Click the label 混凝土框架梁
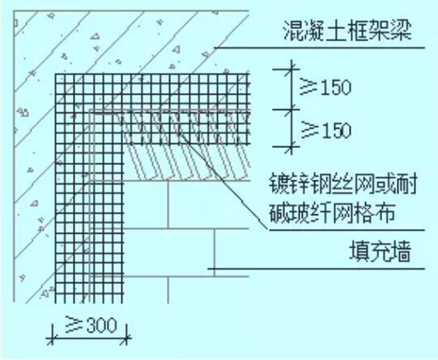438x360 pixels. coord(347,31)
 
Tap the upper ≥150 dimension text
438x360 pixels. coord(325,87)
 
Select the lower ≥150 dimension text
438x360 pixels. coord(325,130)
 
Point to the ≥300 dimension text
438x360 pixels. coord(91,324)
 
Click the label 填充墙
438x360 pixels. coord(381,252)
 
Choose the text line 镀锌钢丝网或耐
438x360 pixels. coord(343,184)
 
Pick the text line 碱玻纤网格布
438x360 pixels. coord(332,212)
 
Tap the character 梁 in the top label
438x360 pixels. coord(402,31)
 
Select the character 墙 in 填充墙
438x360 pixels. coord(401,252)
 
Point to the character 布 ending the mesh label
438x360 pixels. coord(385,212)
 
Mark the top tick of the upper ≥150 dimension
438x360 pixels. coord(291,69)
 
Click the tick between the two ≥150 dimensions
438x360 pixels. coord(291,109)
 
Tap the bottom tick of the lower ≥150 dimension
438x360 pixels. coord(291,146)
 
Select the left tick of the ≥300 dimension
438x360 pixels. coord(52,338)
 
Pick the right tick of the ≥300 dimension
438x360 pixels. coord(126,338)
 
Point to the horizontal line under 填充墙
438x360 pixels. coord(317,269)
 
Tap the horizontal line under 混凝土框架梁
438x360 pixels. coord(320,48)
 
